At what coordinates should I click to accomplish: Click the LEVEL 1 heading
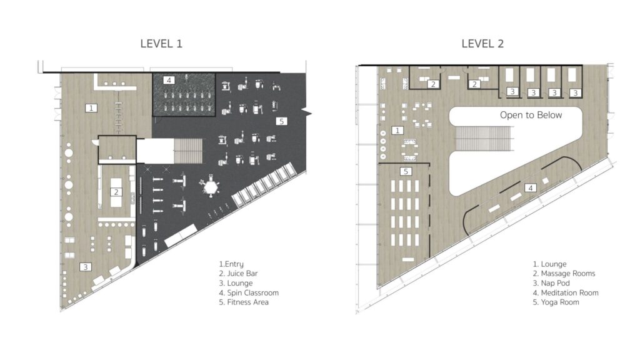[x=161, y=44]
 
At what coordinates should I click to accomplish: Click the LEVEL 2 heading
[x=482, y=44]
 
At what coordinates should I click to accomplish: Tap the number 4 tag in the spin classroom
[x=169, y=81]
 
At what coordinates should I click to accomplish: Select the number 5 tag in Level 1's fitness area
[x=281, y=121]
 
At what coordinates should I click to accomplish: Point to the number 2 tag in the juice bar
[x=116, y=192]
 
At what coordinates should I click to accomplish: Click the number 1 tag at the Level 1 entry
[x=91, y=107]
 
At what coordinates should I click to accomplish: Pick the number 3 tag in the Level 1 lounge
[x=85, y=267]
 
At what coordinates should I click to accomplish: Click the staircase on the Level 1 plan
[x=188, y=151]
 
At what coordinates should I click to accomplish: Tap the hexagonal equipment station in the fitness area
[x=211, y=187]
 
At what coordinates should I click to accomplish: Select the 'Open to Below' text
[x=531, y=115]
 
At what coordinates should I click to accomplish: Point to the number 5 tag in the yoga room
[x=406, y=171]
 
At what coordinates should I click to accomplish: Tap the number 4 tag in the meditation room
[x=531, y=188]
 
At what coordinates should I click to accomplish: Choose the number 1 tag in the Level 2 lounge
[x=397, y=131]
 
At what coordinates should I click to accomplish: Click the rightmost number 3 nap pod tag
[x=576, y=93]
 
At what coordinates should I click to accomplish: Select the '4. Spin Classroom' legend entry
[x=249, y=292]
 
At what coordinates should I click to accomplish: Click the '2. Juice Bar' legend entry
[x=238, y=274]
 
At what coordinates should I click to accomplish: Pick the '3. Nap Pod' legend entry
[x=551, y=283]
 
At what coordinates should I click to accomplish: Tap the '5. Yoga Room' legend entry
[x=556, y=302]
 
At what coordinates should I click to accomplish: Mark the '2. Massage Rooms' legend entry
[x=564, y=274]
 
